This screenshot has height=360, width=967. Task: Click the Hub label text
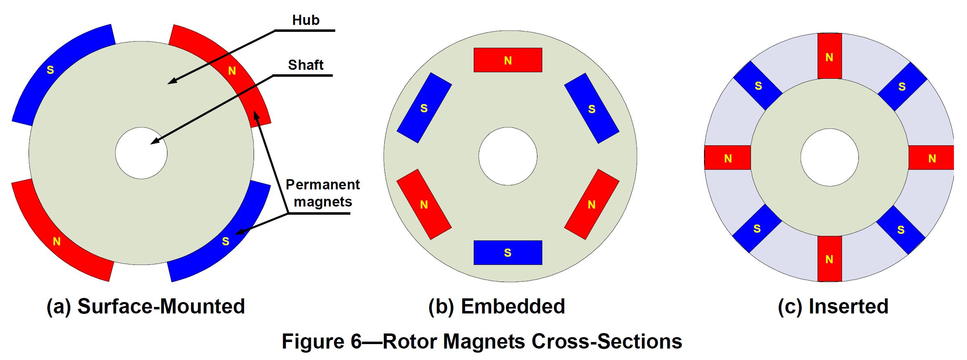[305, 20]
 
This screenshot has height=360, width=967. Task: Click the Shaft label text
[305, 65]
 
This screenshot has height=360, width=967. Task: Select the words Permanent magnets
[322, 193]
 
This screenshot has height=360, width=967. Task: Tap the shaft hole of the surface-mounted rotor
[141, 153]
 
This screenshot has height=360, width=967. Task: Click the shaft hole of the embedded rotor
[508, 156]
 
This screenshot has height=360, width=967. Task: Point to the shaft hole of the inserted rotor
[829, 158]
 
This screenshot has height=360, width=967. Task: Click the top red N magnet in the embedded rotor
[508, 60]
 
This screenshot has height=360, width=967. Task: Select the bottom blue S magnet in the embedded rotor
[508, 253]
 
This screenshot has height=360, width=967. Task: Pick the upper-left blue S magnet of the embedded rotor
[424, 108]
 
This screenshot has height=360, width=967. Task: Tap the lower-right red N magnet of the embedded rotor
[591, 204]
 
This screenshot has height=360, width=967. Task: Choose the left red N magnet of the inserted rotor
[728, 158]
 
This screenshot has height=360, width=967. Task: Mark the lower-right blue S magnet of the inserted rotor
[900, 230]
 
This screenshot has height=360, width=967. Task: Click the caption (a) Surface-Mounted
[145, 307]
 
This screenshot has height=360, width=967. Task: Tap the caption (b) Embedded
[496, 307]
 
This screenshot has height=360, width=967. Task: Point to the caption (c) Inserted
[833, 307]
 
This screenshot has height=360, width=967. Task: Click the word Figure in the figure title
[313, 342]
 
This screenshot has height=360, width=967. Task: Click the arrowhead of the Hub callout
[171, 82]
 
